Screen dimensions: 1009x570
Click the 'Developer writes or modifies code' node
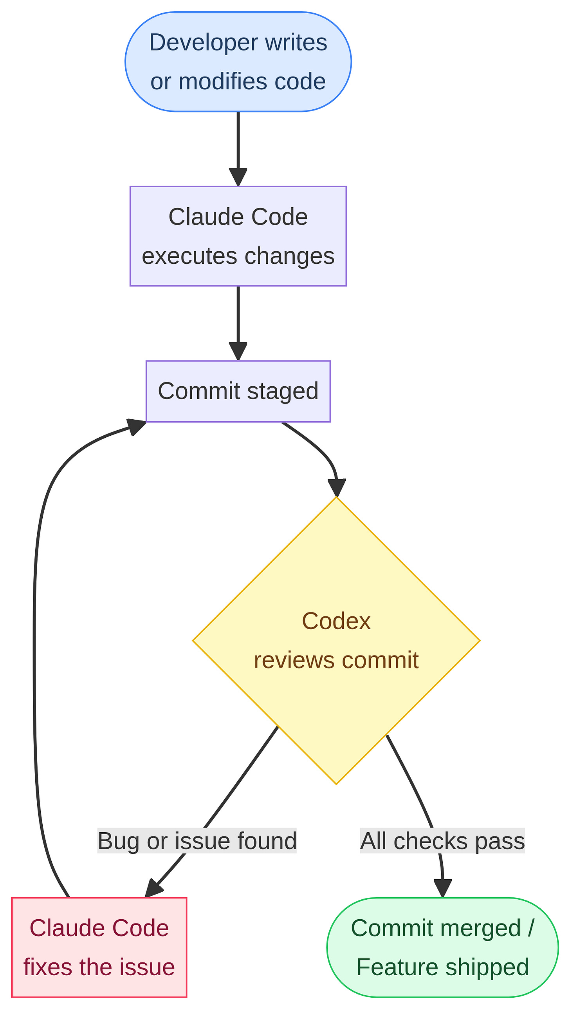pos(238,62)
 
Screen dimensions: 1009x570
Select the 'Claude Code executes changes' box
pos(238,236)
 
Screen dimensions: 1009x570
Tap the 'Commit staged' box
pos(238,391)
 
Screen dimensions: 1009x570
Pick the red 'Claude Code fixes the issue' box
pos(99,947)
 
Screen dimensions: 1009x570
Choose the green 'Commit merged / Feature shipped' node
pos(442,947)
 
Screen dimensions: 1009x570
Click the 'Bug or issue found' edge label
pos(197,841)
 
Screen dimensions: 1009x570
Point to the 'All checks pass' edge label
pos(442,841)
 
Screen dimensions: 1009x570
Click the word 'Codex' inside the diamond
pos(336,621)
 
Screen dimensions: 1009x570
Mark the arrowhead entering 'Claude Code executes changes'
pos(238,177)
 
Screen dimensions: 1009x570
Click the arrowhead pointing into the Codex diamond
pos(337,488)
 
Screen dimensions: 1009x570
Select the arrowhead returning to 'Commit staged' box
pos(136,426)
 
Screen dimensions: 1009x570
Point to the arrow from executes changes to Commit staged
pos(238,317)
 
